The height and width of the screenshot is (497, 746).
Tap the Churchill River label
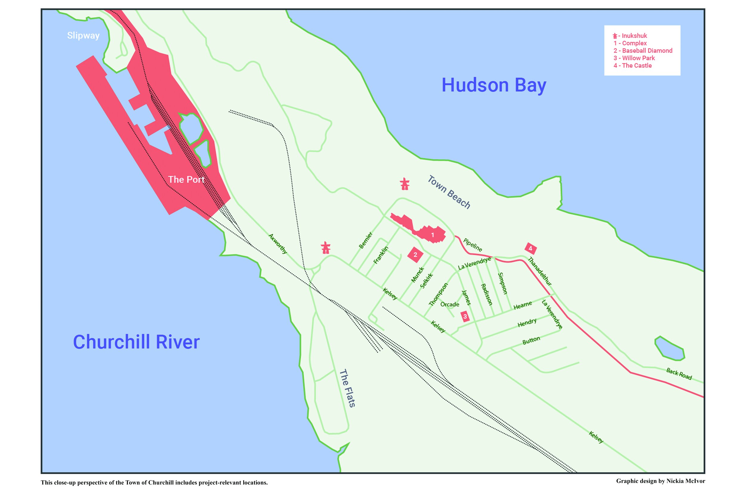pos(136,342)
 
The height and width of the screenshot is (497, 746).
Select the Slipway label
pos(83,35)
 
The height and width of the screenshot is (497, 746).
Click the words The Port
pos(186,180)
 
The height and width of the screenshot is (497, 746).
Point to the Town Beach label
pos(449,192)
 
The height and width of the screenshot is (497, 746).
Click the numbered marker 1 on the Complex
pos(433,235)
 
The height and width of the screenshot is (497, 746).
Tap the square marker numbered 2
pos(415,255)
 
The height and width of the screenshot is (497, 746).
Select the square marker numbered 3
pos(465,316)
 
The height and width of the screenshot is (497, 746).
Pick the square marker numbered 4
pos(530,249)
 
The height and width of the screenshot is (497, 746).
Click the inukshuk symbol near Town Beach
pos(404,184)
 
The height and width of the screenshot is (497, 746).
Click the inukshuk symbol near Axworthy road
pos(326,248)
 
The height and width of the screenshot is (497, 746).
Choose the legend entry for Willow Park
pos(634,58)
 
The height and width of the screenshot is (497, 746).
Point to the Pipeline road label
pos(473,245)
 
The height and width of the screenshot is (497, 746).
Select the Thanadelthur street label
pos(540,271)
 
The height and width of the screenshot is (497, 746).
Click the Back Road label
pos(679,374)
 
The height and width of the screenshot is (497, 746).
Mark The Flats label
pos(347,388)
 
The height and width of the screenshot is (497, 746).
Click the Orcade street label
pos(449,305)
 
